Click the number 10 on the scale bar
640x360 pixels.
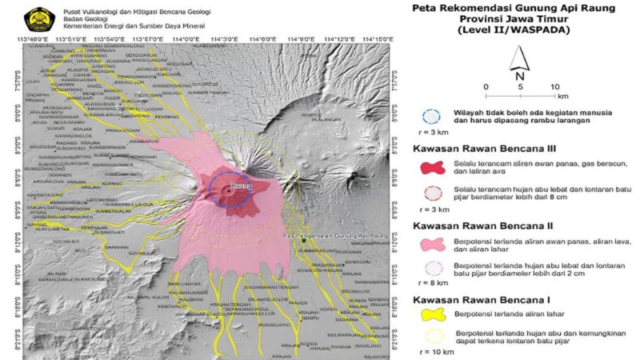point(554,86)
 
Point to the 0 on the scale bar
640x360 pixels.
point(486,86)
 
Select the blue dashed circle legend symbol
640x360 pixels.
point(431,116)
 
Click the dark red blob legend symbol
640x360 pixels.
point(431,167)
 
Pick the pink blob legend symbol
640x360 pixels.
point(431,244)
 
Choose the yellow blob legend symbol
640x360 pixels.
point(431,314)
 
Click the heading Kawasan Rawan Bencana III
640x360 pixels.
point(484,148)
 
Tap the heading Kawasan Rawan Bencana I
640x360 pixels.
point(481,300)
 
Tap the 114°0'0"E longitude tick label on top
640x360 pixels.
point(184,39)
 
